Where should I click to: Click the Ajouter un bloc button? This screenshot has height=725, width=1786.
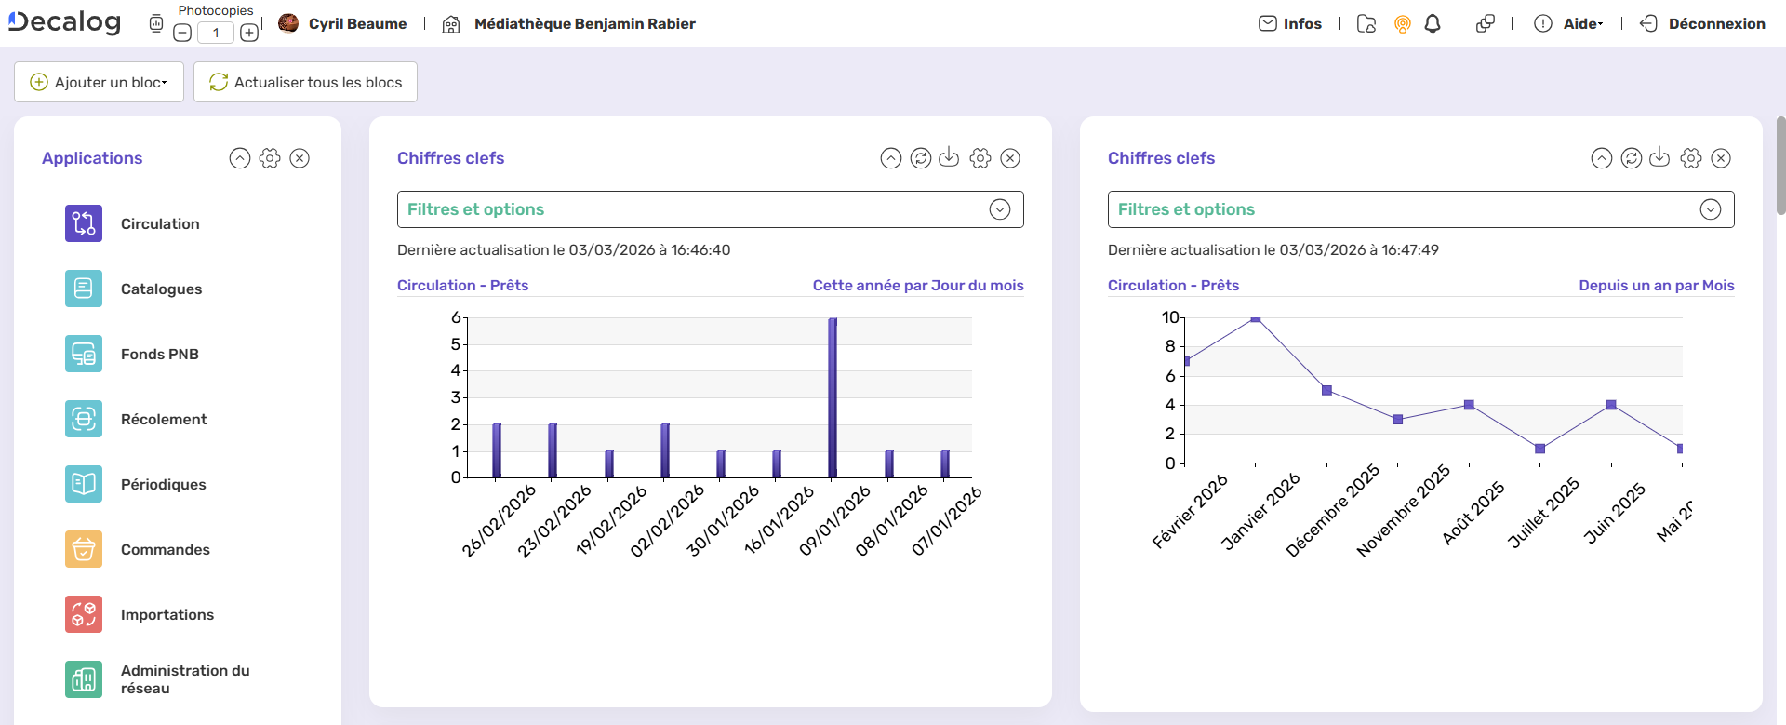[99, 82]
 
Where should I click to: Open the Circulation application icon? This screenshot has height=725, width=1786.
[84, 223]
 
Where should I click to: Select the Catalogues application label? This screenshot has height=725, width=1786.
[161, 289]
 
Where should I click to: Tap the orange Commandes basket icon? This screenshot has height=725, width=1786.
[84, 549]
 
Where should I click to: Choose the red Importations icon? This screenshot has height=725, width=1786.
[84, 614]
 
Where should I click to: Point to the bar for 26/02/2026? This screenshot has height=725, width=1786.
[497, 450]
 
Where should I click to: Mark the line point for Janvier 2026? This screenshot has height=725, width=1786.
[1256, 318]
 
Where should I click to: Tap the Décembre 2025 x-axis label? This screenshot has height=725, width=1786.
[1332, 513]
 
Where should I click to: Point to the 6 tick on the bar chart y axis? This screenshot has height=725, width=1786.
[456, 318]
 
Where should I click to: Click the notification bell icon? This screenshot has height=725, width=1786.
[1433, 24]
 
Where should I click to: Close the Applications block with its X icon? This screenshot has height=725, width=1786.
[300, 158]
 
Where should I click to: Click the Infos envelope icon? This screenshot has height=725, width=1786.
[1268, 23]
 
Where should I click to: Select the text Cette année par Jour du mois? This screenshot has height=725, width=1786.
[917, 286]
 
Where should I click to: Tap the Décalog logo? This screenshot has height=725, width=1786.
[65, 22]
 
